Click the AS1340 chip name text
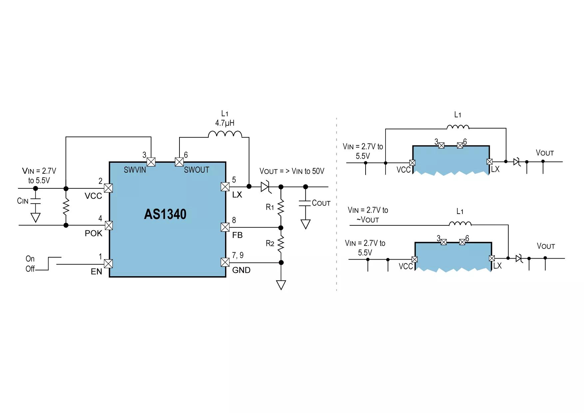[x=165, y=214]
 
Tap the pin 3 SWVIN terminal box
[x=151, y=162]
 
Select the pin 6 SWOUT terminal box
[x=179, y=162]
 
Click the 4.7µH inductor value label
[x=225, y=123]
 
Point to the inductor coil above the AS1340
[x=225, y=134]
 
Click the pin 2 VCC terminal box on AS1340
[x=108, y=188]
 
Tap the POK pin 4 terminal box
[x=109, y=225]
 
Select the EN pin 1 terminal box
[x=108, y=264]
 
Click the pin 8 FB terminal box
[x=225, y=227]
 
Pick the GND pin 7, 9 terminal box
[x=225, y=262]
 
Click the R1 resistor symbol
[x=281, y=207]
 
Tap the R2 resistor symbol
[x=281, y=244]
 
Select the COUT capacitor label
[x=321, y=203]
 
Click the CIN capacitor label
[x=23, y=201]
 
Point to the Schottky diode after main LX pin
[x=265, y=187]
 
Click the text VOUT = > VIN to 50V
[x=292, y=171]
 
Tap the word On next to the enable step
[x=30, y=259]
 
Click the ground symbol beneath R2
[x=281, y=285]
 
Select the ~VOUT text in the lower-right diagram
[x=368, y=220]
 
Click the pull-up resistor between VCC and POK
[x=66, y=207]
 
